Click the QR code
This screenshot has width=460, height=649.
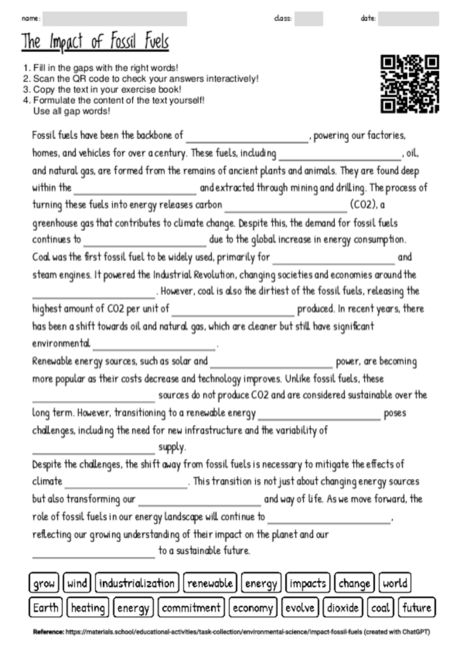click(x=409, y=82)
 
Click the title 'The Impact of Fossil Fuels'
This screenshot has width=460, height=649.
click(x=95, y=43)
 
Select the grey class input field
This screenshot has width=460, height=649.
click(x=309, y=17)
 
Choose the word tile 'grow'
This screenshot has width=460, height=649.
click(x=44, y=583)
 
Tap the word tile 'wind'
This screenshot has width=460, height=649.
click(x=78, y=583)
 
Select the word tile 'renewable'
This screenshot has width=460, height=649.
click(x=210, y=583)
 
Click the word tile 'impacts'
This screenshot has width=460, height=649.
click(x=307, y=583)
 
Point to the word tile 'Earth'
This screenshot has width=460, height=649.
click(x=46, y=607)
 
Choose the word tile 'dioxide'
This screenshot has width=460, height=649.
click(x=343, y=607)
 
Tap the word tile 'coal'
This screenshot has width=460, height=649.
click(x=381, y=607)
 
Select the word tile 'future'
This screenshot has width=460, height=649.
click(x=416, y=607)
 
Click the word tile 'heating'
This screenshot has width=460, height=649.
click(x=88, y=607)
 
